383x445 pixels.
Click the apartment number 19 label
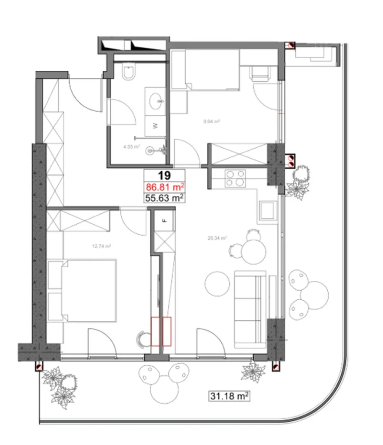tap(164, 176)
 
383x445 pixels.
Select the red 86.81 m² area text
tap(164, 187)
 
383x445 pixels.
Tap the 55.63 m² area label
tap(164, 198)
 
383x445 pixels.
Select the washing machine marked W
tap(154, 126)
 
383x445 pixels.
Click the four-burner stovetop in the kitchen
tap(235, 178)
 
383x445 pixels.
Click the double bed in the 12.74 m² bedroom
tap(89, 290)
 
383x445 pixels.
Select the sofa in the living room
tap(250, 309)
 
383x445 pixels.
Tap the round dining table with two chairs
tap(253, 252)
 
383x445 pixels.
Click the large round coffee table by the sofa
tap(217, 284)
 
